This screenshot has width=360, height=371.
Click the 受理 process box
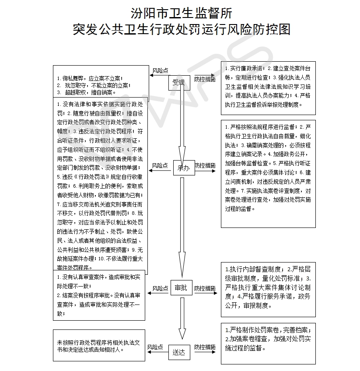179,83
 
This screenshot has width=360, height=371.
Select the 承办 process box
183,168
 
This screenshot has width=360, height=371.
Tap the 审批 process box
181,288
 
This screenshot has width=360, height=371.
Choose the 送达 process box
179,351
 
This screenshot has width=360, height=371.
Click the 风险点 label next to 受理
160,70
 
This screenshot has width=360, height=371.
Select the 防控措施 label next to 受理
205,79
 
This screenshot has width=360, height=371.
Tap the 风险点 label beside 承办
160,166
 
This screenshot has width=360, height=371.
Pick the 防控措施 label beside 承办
205,166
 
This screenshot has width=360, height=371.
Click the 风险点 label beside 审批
160,289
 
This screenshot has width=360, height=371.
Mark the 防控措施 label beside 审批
205,289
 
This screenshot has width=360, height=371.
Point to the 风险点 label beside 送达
155,347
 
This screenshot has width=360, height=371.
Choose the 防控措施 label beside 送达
205,347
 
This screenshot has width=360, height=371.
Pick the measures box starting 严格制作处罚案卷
268,343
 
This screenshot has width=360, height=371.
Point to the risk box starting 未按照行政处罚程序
98,345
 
